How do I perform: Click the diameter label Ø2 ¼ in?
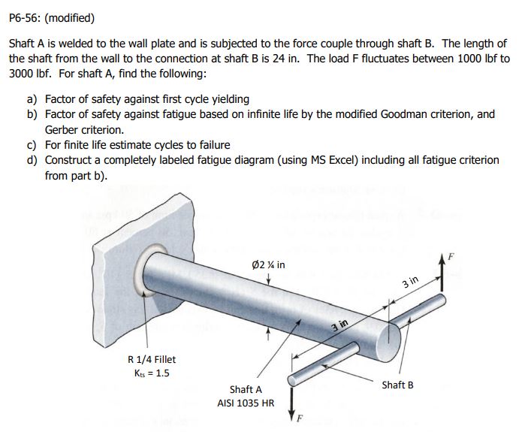269,265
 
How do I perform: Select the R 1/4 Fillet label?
152,359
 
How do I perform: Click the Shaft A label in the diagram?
246,389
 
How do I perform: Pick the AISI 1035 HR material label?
246,403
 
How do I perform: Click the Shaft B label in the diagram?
397,385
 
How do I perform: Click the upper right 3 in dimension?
409,283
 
